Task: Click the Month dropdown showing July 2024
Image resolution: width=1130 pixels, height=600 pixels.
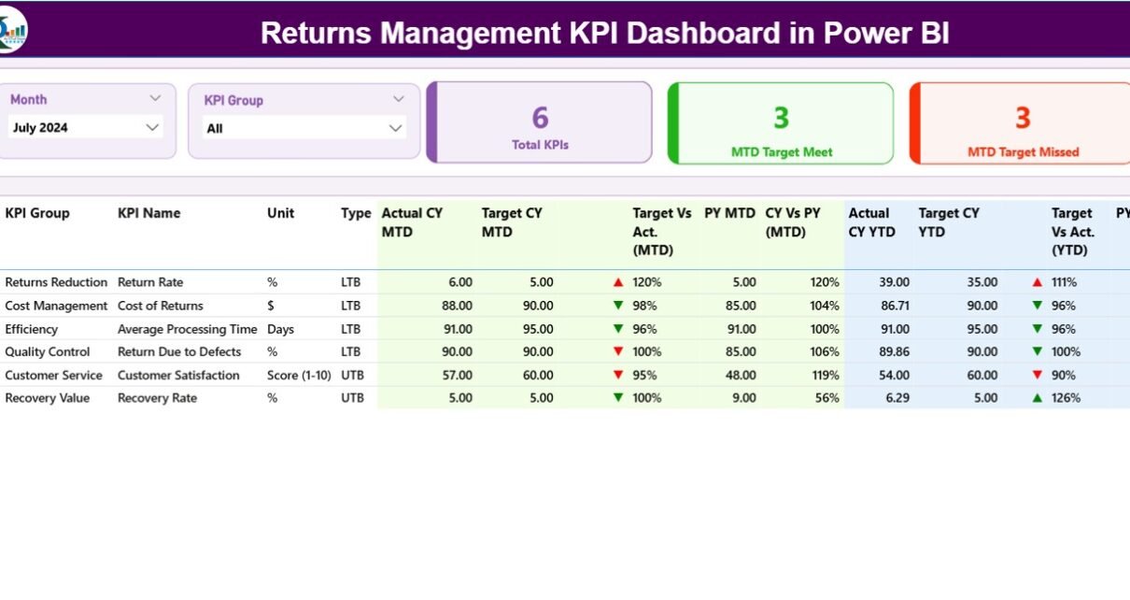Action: (x=85, y=128)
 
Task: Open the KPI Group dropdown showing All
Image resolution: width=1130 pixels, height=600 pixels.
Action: (x=304, y=128)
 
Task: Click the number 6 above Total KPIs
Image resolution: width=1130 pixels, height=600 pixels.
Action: (x=540, y=118)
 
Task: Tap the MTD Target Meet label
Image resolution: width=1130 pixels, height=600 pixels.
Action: (x=781, y=152)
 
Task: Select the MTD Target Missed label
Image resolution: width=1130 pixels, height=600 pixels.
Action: (x=1023, y=152)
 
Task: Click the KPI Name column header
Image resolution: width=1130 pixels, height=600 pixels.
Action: (x=148, y=213)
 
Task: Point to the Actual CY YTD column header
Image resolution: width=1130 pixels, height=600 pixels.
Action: (x=869, y=222)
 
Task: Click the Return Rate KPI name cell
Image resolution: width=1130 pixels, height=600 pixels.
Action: (x=150, y=282)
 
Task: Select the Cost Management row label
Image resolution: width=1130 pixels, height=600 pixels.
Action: (x=56, y=306)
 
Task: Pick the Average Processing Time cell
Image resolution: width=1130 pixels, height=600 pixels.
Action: (x=187, y=329)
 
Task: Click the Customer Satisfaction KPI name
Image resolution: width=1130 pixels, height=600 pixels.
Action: (x=178, y=375)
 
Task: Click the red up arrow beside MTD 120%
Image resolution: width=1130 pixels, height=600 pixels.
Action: (x=617, y=282)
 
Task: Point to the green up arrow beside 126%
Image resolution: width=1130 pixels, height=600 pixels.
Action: (x=1037, y=398)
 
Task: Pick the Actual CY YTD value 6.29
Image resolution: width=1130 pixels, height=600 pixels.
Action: (x=894, y=398)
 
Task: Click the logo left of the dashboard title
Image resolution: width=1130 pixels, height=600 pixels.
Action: (x=12, y=30)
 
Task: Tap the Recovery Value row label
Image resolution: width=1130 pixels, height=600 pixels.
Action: (x=48, y=398)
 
